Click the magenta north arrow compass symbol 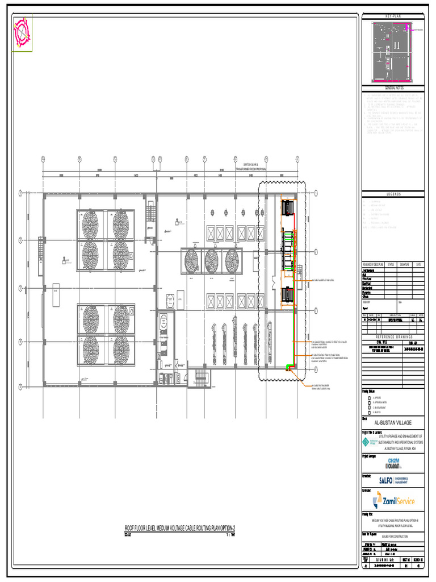[22, 32]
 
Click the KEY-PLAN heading [393, 16]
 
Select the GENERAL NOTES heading [393, 88]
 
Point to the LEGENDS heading [393, 194]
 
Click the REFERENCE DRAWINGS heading [393, 336]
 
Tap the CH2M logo [394, 463]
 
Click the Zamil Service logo [394, 501]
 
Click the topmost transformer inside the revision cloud [288, 208]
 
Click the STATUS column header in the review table [391, 264]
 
